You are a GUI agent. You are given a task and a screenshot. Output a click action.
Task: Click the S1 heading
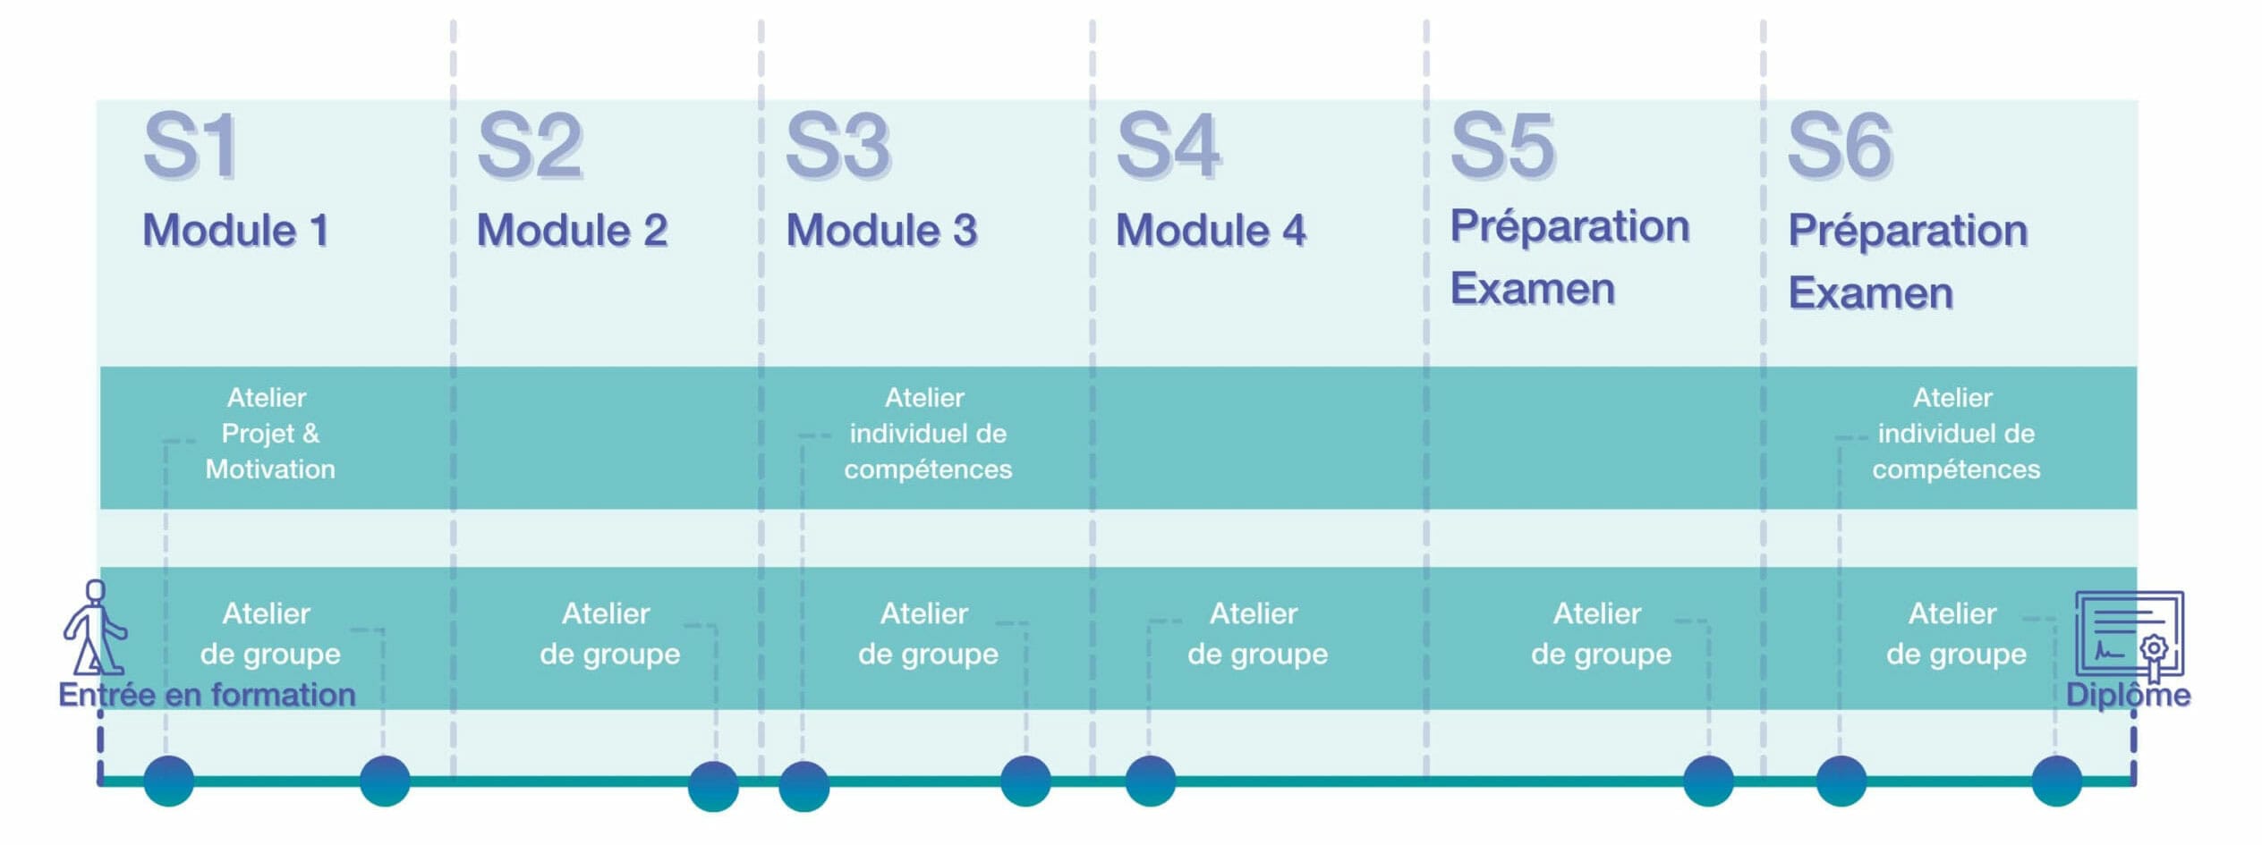[191, 146]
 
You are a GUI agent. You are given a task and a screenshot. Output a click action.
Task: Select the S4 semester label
[1169, 146]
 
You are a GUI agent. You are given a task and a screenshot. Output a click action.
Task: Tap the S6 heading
[1840, 146]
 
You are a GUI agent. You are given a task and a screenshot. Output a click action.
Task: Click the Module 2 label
[573, 231]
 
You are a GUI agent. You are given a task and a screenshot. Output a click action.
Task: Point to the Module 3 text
[882, 231]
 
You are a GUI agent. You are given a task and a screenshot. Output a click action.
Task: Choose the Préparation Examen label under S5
[1570, 257]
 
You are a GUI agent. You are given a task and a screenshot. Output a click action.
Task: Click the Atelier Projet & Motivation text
[269, 434]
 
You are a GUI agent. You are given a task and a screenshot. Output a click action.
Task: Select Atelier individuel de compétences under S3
[928, 434]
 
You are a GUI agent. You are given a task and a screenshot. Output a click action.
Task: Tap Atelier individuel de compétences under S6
[1956, 434]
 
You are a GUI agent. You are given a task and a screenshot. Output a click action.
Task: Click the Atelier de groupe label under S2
[609, 634]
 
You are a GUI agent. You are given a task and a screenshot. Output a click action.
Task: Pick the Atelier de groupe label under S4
[1257, 634]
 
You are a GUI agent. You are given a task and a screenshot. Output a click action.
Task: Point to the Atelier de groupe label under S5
[1601, 634]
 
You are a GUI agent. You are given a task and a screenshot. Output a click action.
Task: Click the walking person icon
[94, 628]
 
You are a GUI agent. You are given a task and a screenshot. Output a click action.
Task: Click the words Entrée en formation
[207, 695]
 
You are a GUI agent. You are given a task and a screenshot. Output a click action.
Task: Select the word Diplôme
[2128, 695]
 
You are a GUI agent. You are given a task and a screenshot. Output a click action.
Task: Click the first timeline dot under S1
[168, 781]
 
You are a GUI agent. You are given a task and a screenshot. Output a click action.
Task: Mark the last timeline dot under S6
[2056, 781]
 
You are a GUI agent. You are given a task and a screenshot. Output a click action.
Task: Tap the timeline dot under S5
[1708, 781]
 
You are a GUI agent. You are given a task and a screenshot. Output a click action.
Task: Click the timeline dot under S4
[1150, 781]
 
